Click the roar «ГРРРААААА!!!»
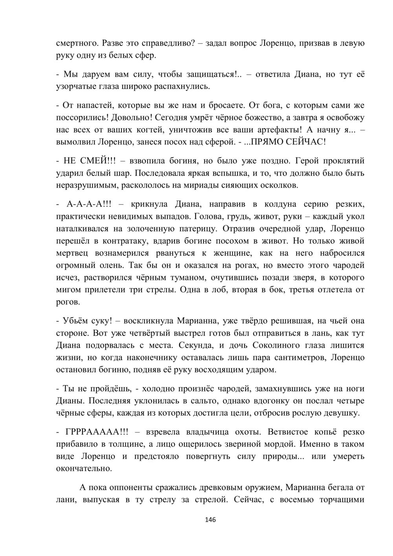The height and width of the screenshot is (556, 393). [97, 432]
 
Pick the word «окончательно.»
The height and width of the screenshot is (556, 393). [84, 469]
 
